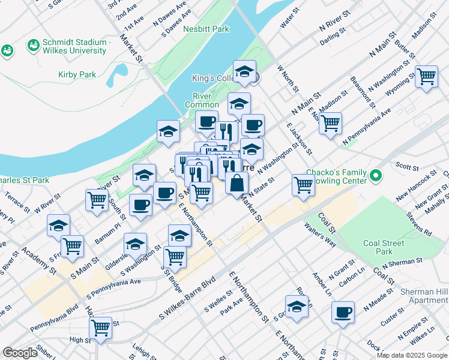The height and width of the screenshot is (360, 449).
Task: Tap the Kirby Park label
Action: (77, 74)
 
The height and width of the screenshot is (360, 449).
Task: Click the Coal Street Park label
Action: (384, 247)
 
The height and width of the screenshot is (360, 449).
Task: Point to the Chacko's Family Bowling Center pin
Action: (376, 176)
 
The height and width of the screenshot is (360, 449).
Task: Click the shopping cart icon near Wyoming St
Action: (426, 76)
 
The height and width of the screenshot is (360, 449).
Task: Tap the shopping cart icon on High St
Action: (100, 328)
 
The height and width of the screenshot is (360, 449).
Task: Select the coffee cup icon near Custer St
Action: (343, 312)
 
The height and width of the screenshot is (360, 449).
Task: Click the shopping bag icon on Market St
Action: (237, 182)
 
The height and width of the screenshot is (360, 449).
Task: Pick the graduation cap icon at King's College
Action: (244, 71)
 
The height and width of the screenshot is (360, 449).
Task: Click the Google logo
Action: (20, 353)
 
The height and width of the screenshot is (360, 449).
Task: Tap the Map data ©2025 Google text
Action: (412, 355)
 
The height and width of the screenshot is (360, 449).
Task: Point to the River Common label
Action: (206, 100)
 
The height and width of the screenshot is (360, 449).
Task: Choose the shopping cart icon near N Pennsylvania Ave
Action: (330, 123)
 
